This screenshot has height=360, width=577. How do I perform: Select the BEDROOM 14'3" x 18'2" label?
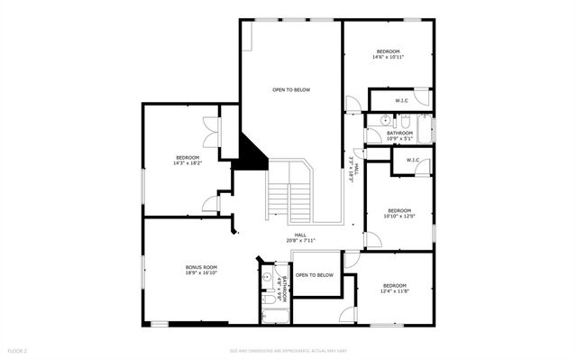(x=188, y=160)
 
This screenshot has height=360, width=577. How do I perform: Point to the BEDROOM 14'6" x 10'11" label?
(x=388, y=54)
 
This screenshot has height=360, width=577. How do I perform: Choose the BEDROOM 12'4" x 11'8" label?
(x=394, y=288)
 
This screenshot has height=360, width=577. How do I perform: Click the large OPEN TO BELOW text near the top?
(x=291, y=90)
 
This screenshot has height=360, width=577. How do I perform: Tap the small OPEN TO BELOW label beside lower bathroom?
(x=315, y=275)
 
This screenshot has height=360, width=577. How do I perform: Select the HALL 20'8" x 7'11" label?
(x=288, y=237)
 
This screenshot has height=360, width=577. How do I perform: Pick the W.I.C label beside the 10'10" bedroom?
(x=413, y=161)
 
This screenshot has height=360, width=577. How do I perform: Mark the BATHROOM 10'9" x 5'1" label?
(x=399, y=135)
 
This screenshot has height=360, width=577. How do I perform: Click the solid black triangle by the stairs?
(x=252, y=152)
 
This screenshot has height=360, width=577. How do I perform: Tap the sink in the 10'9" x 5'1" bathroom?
(x=385, y=119)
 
